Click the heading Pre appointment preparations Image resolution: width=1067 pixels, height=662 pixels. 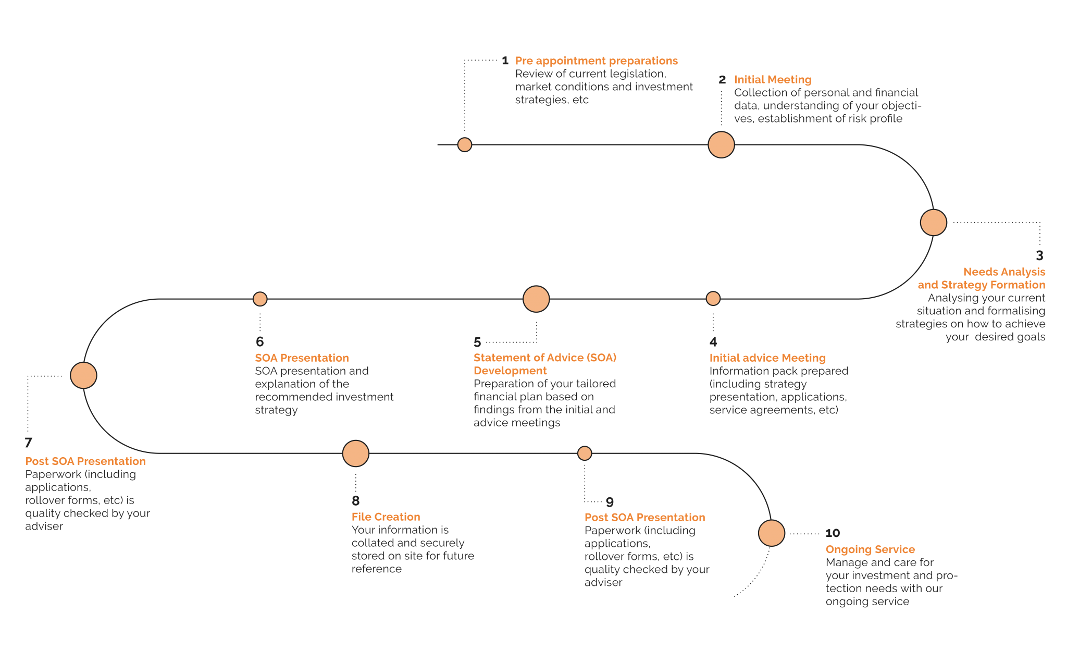pos(596,61)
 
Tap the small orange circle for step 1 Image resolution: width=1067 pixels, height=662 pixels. pos(464,144)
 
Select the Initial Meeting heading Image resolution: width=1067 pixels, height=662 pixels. pos(773,80)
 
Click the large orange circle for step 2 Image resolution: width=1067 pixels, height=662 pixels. pos(721,144)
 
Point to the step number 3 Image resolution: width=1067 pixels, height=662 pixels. pos(1039,255)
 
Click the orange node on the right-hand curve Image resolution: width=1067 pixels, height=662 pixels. pos(933,223)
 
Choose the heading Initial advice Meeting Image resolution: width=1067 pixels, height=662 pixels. pos(767,358)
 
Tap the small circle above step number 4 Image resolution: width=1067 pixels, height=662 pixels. pos(713,298)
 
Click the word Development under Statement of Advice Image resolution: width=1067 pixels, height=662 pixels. pos(510,371)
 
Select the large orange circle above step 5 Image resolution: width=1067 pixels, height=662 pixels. pos(536,299)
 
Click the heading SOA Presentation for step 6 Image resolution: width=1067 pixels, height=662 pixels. pos(302,358)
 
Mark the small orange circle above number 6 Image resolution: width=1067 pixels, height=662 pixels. pos(260,299)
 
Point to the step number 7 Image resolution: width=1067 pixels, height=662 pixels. pos(29,443)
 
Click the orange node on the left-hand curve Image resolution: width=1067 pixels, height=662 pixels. pos(83,375)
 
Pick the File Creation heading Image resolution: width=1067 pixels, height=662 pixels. pos(386,517)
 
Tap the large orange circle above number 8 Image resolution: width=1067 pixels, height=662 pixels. pos(356,453)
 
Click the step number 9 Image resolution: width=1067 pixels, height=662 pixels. pos(610,502)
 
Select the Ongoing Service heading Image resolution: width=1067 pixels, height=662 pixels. pos(870,549)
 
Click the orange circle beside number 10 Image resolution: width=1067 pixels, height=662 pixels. pos(771,533)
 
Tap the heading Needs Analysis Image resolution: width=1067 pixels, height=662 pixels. pos(1004,272)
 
